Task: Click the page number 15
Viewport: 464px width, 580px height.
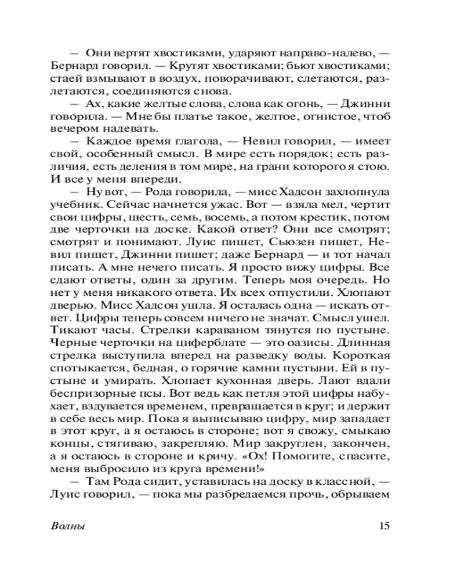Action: (x=383, y=526)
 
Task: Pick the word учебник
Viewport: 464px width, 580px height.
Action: (x=72, y=205)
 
